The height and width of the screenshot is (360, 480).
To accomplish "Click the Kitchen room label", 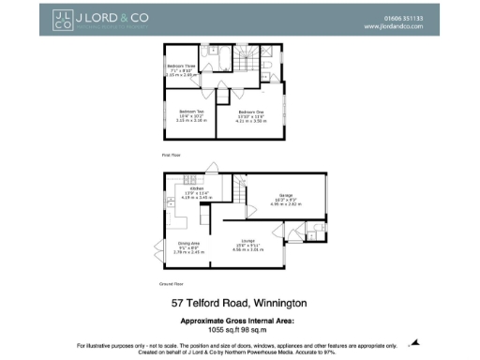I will pos(196,190).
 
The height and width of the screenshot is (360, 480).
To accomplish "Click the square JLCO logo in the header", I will pos(62,22).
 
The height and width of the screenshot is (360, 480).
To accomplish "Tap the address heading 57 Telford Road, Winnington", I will pos(239,303).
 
